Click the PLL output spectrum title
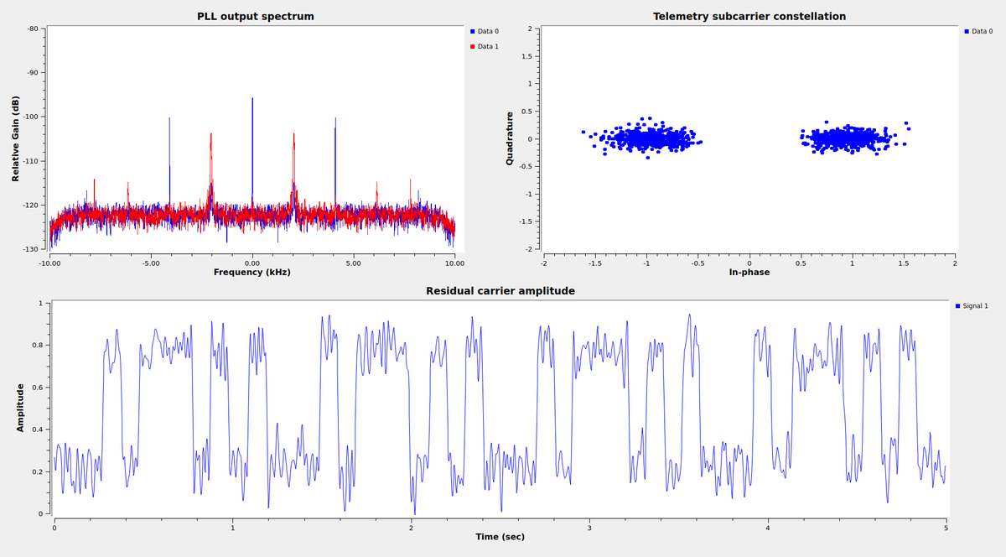click(256, 16)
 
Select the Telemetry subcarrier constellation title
click(749, 16)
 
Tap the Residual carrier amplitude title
click(500, 291)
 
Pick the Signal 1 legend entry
click(972, 305)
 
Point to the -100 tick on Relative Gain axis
click(34, 117)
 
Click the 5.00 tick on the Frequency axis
click(353, 263)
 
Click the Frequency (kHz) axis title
click(252, 272)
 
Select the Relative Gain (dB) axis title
click(16, 138)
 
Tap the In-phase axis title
click(749, 272)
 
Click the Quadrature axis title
click(510, 138)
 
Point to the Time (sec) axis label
click(500, 536)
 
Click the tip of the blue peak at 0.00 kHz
click(252, 98)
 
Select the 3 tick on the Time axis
click(589, 527)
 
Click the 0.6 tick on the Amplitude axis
click(39, 388)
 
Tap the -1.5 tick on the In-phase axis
click(594, 263)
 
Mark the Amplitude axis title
click(20, 408)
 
